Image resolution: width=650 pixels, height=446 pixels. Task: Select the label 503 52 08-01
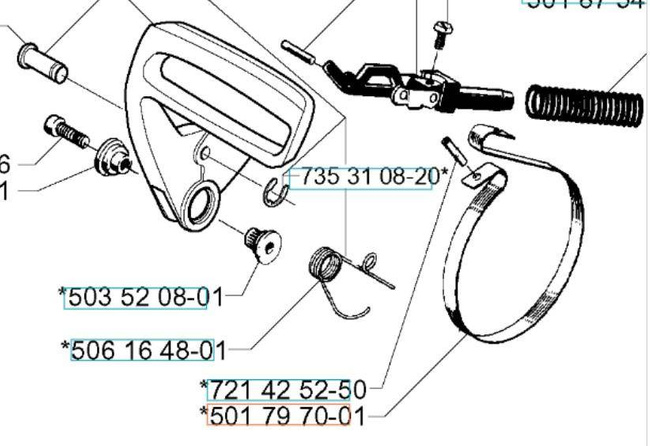click(x=140, y=296)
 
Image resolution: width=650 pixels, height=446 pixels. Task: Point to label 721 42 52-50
click(x=284, y=387)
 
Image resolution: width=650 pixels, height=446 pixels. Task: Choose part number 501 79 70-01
click(x=284, y=415)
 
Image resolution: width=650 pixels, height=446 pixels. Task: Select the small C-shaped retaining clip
click(x=277, y=188)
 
